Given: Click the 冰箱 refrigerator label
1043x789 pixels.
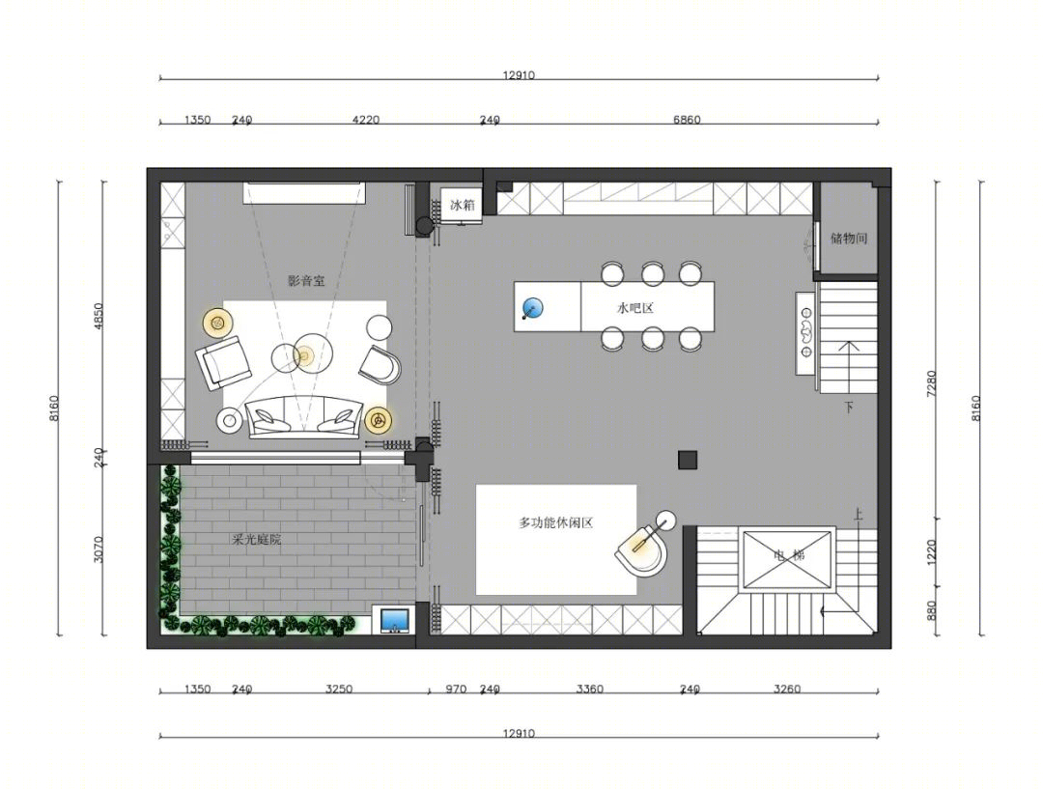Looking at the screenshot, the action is click(463, 205).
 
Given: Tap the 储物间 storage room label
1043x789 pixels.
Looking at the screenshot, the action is click(849, 239).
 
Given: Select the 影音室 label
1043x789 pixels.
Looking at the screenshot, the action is click(307, 281).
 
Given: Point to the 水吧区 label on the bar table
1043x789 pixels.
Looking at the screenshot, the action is click(635, 308).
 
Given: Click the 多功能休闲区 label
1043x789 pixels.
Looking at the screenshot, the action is click(556, 522).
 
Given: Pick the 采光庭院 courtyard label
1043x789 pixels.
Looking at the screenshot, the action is click(257, 540).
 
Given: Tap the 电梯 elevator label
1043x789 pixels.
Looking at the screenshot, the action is click(790, 554).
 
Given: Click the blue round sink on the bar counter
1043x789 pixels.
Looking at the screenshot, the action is click(532, 308).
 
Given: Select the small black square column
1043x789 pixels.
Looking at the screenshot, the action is click(688, 460).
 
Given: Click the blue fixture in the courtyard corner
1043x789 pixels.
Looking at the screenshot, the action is click(395, 620).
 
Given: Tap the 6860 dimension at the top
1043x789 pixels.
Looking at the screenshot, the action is click(687, 120).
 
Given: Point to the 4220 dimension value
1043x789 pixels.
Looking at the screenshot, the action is click(365, 120).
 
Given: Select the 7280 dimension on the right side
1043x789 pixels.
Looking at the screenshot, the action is click(931, 383).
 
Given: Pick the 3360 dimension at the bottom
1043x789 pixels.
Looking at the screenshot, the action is click(589, 690).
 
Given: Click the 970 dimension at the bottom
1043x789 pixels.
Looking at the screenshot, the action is click(456, 690).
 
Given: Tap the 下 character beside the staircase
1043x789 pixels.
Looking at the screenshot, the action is click(849, 408).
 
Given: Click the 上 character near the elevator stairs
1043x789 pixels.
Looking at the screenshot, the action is click(859, 514).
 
